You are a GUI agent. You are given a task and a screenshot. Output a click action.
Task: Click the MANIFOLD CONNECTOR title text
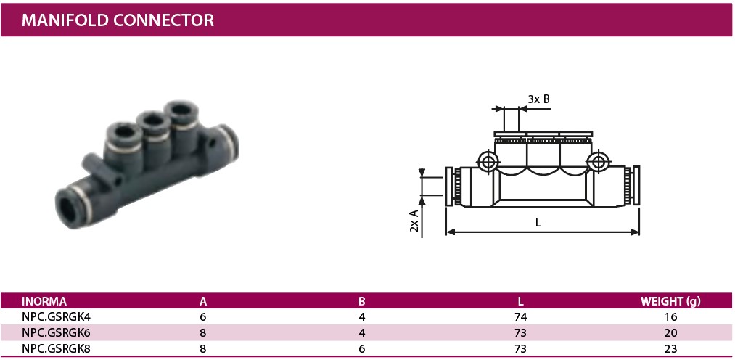[x=118, y=20]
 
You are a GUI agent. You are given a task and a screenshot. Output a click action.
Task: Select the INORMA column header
[x=44, y=301]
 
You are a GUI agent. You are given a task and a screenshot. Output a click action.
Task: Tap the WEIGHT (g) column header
[x=670, y=301]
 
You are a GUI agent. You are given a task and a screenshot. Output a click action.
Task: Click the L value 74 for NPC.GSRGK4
[x=520, y=317]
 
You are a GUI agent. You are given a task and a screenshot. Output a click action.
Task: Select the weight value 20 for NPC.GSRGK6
[x=670, y=333]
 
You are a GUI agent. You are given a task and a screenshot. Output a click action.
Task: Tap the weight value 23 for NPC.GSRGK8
[x=670, y=349]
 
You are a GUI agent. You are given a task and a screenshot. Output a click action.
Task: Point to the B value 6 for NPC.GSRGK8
[x=361, y=349]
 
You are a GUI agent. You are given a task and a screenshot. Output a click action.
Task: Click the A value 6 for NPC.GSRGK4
[x=203, y=317]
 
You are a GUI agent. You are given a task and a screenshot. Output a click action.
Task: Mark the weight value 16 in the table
[x=670, y=317]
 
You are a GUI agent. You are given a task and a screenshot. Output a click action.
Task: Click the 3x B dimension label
[x=538, y=99]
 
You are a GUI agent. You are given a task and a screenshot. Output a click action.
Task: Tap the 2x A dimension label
[x=414, y=219]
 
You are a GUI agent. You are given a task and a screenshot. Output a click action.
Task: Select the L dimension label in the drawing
[x=538, y=224]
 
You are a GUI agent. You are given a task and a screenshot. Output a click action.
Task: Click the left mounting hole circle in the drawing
[x=488, y=160]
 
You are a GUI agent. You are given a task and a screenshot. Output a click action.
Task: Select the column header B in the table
[x=361, y=301]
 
